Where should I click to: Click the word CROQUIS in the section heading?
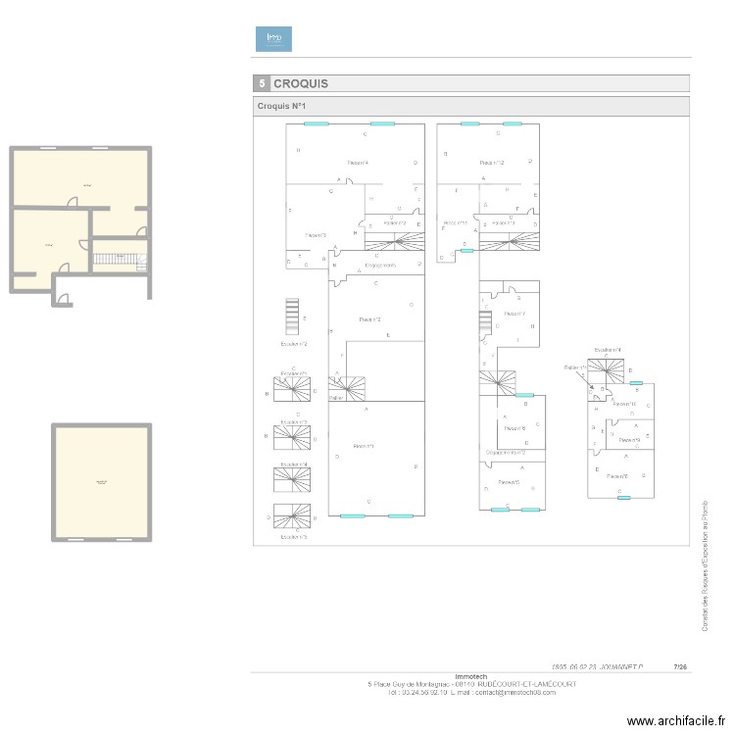(301, 84)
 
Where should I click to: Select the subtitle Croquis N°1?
(283, 106)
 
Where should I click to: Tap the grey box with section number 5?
(262, 84)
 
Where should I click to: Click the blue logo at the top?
(273, 38)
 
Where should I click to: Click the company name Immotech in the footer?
(470, 676)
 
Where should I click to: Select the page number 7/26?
(680, 665)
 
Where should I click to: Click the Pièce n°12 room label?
(491, 163)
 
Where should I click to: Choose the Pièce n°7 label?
(514, 314)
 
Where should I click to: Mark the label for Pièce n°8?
(514, 428)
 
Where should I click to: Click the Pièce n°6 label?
(616, 476)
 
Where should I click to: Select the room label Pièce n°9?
(629, 440)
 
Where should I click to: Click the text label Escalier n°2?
(293, 344)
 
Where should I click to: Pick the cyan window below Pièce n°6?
(623, 498)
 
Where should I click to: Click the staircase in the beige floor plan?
(118, 262)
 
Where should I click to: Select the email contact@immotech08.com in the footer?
(515, 692)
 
